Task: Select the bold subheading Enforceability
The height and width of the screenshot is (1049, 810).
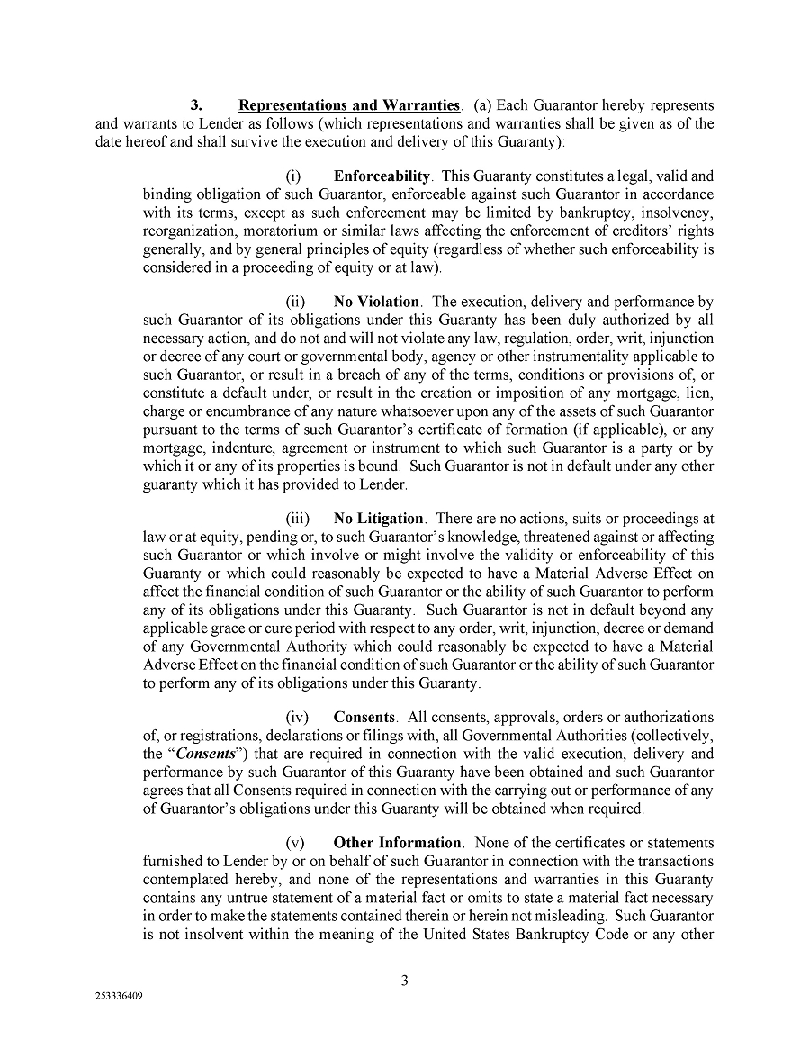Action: click(382, 176)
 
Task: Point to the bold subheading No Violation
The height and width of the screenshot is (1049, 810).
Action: click(376, 302)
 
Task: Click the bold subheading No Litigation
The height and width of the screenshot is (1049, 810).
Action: click(378, 519)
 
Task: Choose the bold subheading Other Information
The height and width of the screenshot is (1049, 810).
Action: click(398, 843)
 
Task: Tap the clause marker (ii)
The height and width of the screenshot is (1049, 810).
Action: click(296, 302)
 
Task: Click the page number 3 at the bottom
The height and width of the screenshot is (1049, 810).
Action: click(405, 981)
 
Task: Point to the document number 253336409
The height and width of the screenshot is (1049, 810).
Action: click(119, 998)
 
